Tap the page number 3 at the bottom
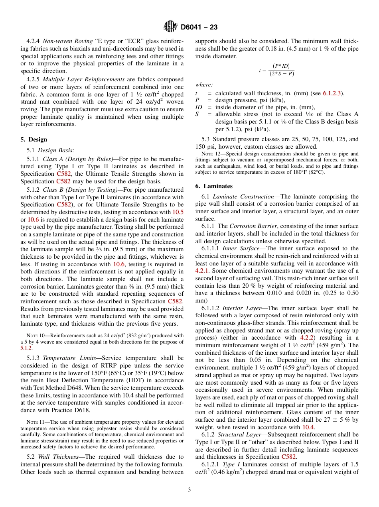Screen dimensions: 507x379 click(189, 490)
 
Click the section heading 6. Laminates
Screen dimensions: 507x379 click(214, 186)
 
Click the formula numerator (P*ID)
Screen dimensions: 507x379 click(281, 66)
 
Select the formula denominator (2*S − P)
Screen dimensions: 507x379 click(281, 74)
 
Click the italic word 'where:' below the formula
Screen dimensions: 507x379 click(204, 85)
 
